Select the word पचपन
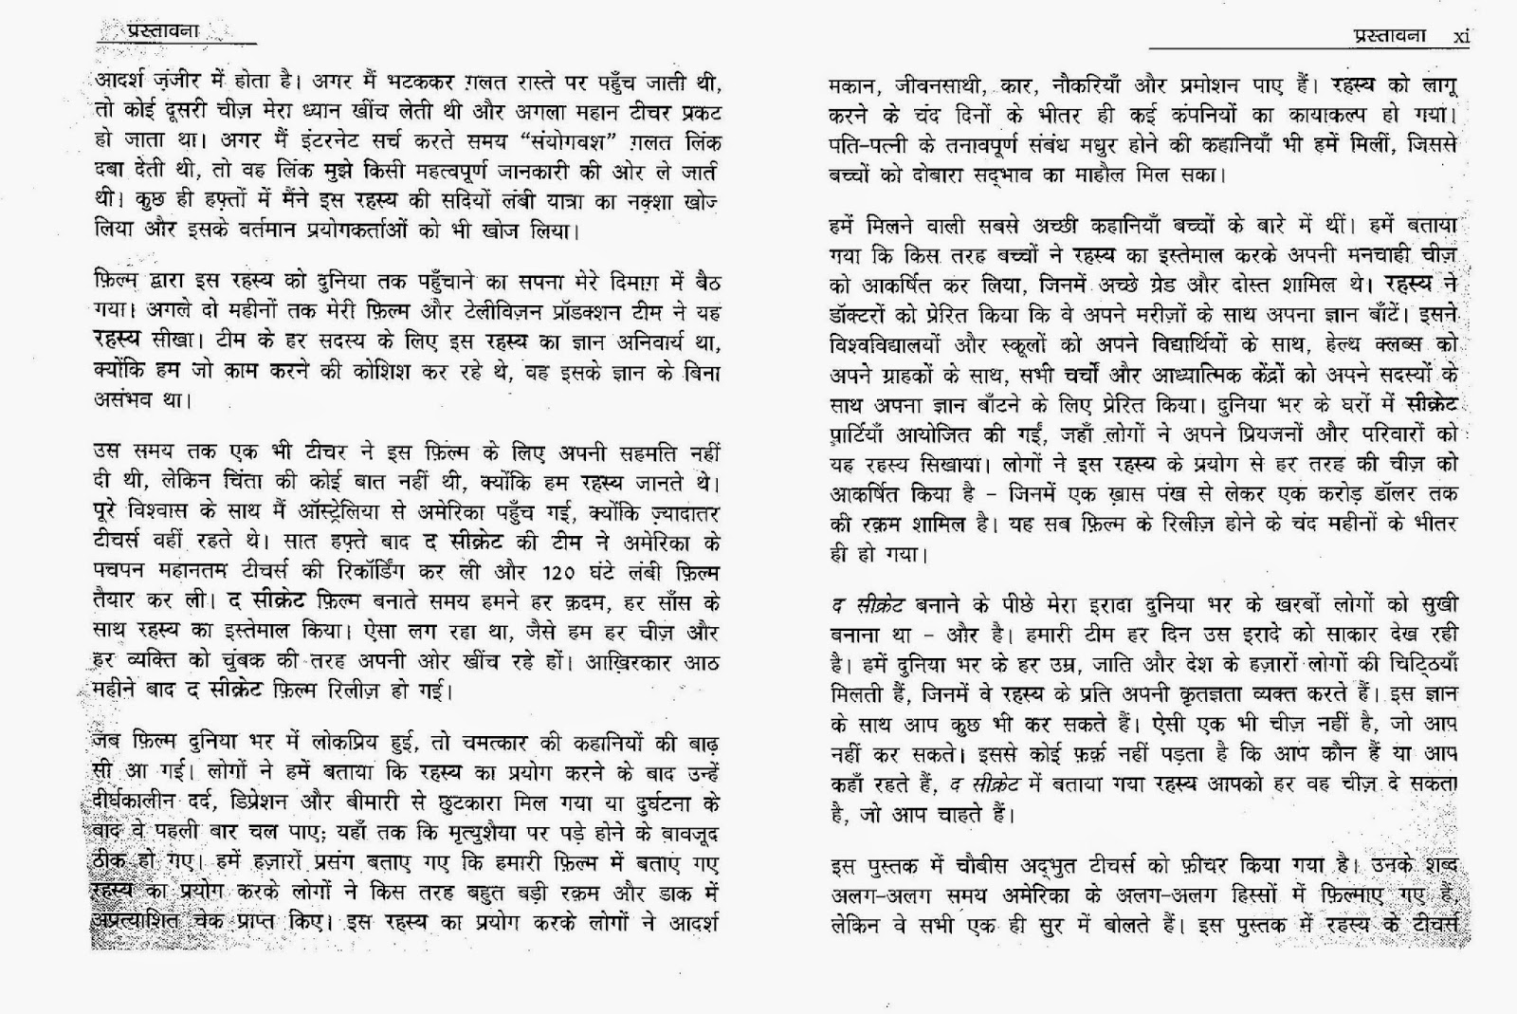pyautogui.click(x=119, y=573)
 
